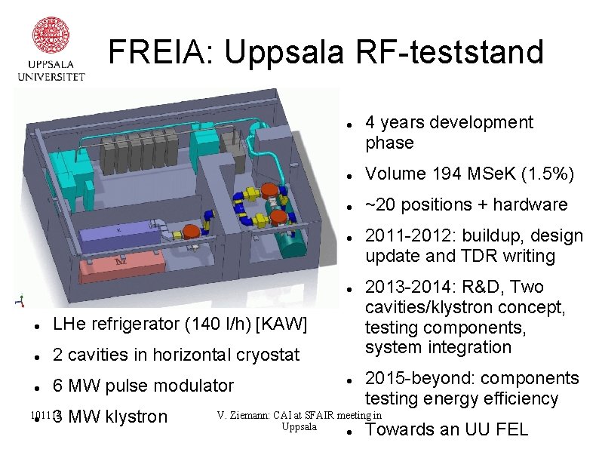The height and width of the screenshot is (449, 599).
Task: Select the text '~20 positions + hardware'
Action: [x=465, y=205]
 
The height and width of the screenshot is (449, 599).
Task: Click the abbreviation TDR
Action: [x=474, y=256]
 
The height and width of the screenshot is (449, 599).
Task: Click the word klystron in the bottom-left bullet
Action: [x=137, y=417]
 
